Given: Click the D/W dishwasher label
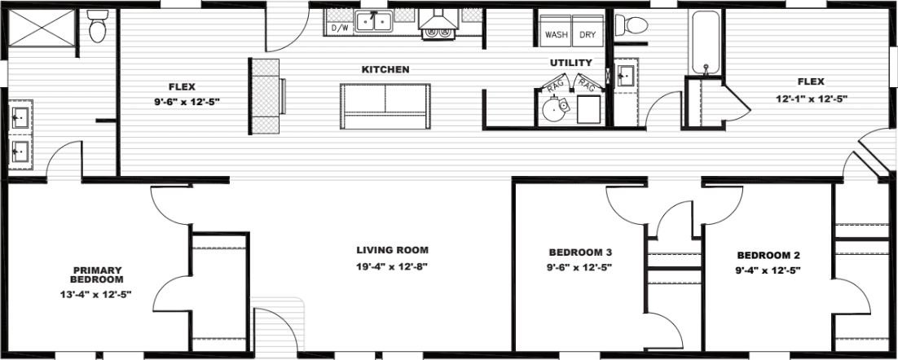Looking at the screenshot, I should coord(339,29).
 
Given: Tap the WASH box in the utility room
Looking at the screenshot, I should coord(557,35).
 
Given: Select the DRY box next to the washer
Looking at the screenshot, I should coord(587,35).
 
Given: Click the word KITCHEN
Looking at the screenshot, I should coord(385,70).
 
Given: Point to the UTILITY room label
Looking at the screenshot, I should coord(570,63).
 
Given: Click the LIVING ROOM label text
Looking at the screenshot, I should coord(391,250).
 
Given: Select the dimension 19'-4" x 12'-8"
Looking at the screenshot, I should coord(391,266).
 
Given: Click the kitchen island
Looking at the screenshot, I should coord(385,106).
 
